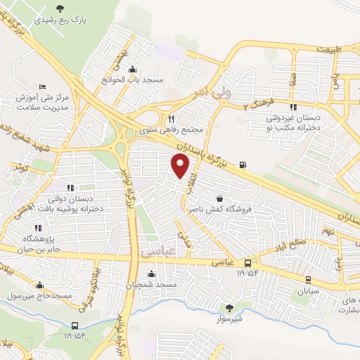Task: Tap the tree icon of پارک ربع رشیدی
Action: click(59, 8)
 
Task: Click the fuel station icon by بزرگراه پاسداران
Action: click(243, 165)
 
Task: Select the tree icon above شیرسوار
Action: click(229, 307)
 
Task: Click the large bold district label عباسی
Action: click(156, 251)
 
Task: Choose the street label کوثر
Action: click(19, 167)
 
